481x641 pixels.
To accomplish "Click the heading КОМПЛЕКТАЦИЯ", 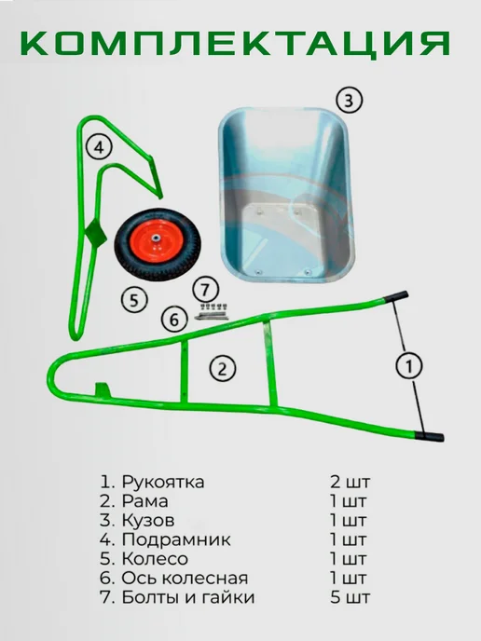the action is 235,44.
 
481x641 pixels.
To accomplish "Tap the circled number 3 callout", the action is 349,101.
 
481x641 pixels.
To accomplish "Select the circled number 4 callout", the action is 100,147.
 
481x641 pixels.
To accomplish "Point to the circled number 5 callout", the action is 134,300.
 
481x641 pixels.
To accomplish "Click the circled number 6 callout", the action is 174,320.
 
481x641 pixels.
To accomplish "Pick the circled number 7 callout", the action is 205,290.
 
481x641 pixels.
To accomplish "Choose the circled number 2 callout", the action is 223,368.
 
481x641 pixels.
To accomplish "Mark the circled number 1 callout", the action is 409,365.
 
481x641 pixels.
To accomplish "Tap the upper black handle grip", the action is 397,296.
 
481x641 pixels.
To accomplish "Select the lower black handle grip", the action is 431,436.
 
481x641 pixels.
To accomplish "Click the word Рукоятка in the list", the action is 163,482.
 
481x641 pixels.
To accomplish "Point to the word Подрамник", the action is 176,540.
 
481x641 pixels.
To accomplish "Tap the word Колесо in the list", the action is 155,559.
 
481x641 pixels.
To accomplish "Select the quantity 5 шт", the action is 350,597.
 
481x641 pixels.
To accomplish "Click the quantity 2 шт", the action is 350,482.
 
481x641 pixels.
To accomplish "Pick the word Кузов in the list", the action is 148,521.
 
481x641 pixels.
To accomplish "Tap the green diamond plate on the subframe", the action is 97,235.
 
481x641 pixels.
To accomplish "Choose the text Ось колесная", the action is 185,579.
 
